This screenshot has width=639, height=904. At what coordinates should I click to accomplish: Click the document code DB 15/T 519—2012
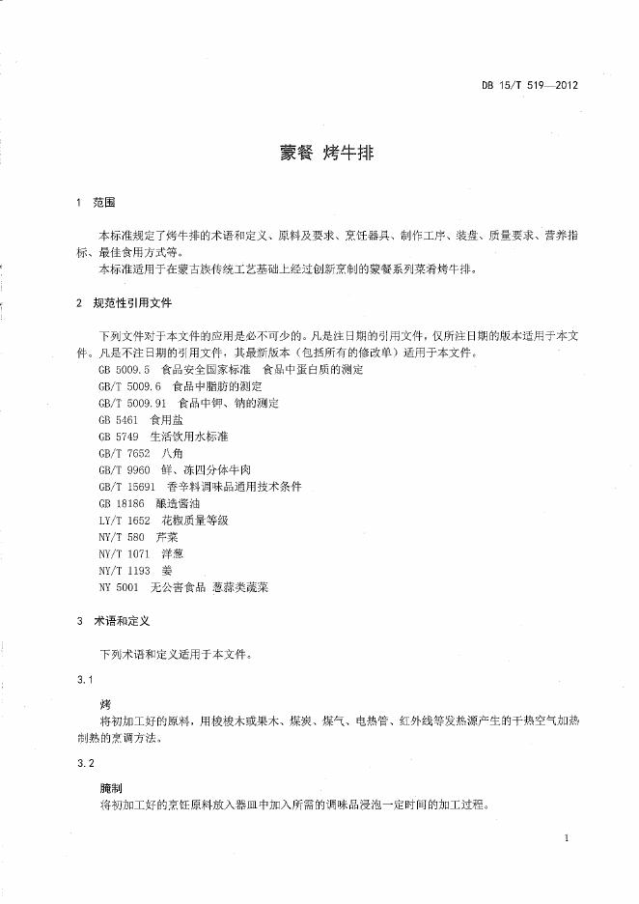[529, 85]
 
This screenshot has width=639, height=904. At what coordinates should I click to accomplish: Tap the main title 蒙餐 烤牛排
[319, 154]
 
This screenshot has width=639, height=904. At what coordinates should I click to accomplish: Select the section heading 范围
[104, 203]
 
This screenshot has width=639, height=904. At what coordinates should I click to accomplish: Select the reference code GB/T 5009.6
[126, 386]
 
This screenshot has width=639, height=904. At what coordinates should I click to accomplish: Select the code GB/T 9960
[121, 469]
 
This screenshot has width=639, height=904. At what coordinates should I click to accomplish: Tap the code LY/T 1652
[121, 520]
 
